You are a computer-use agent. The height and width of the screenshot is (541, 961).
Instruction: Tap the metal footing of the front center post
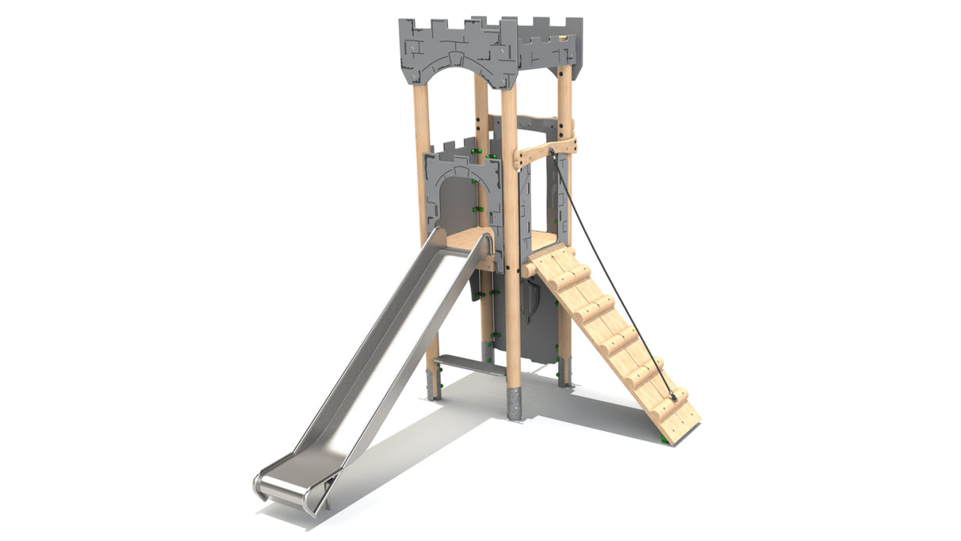[x=515, y=404]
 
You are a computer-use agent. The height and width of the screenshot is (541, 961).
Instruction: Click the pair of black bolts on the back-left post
[x=480, y=123]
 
